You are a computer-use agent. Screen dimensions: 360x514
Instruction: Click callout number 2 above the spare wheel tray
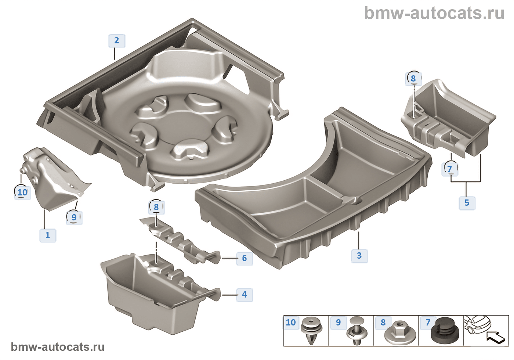(117, 40)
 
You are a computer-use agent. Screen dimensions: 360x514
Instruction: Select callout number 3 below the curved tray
(359, 256)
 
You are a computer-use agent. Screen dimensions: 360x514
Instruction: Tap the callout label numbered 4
(244, 295)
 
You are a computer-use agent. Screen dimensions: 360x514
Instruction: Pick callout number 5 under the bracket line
(467, 203)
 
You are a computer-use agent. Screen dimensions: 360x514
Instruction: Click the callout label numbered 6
(244, 258)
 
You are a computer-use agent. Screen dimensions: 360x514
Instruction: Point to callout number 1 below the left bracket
(48, 235)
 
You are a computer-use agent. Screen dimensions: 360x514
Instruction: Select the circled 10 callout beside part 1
(22, 192)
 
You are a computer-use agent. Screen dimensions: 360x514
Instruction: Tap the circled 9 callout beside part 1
(74, 217)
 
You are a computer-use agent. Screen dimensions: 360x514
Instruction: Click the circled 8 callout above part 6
(156, 207)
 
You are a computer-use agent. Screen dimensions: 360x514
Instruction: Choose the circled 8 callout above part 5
(413, 78)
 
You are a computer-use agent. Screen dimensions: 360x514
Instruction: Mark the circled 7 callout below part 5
(450, 169)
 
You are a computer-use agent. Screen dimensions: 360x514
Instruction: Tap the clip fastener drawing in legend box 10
(311, 331)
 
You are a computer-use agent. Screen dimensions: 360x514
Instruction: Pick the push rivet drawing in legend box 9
(357, 331)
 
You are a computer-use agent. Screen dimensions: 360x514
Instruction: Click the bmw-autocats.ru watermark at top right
(434, 14)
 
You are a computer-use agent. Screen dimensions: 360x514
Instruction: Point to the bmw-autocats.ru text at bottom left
(58, 347)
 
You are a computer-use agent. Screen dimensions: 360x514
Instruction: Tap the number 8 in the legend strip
(383, 323)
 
